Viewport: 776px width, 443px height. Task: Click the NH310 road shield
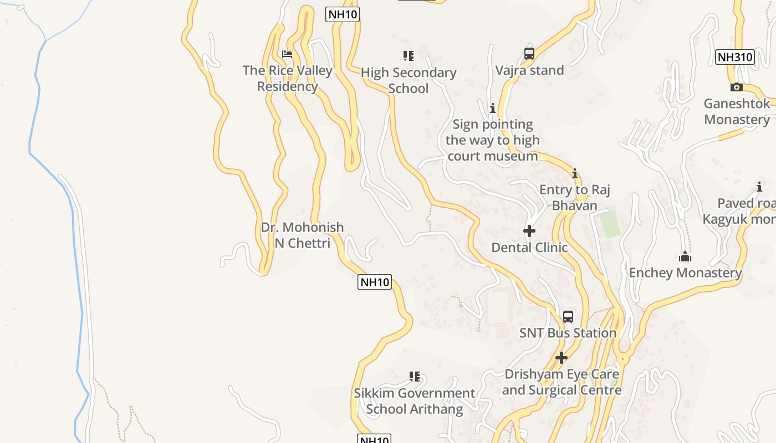[735, 56]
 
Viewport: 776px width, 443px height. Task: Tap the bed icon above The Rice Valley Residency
[287, 54]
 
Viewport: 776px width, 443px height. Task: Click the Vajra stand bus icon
[529, 54]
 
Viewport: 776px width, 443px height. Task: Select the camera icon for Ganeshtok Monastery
[737, 87]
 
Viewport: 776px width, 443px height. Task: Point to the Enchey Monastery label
[685, 272]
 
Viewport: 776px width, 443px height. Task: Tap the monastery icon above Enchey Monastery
[685, 256]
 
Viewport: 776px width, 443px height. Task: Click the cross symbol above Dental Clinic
[529, 231]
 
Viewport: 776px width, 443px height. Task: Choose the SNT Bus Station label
[568, 333]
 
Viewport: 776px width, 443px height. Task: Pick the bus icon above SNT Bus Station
[568, 317]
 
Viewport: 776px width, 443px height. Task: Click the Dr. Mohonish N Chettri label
[302, 235]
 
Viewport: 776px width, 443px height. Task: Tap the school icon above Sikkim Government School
[414, 377]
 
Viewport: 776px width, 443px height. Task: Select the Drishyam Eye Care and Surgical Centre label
[561, 382]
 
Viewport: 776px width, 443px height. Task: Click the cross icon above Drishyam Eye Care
[561, 358]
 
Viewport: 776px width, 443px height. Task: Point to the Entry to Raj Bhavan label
[575, 198]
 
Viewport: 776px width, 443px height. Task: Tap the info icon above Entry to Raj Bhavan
[575, 174]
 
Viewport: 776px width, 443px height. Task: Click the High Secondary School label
[409, 80]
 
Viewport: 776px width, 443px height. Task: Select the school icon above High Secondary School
[409, 55]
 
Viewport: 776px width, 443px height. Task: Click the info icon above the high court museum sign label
[492, 108]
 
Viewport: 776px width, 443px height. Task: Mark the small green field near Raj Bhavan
[611, 224]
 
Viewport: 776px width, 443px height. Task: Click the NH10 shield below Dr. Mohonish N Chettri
[375, 282]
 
